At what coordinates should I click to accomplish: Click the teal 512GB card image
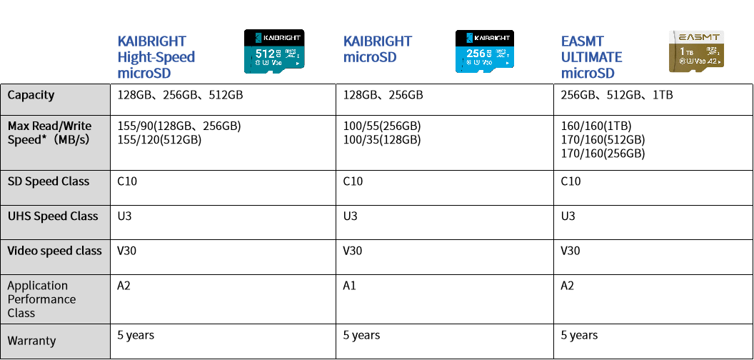click(x=275, y=51)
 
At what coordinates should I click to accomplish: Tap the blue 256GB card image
click(x=485, y=51)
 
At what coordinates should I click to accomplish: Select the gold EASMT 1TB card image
click(x=696, y=51)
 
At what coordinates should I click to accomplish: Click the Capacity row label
click(x=31, y=95)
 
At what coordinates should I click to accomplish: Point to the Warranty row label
click(x=31, y=341)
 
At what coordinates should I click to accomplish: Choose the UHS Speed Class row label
click(x=53, y=216)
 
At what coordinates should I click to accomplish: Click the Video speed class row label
click(x=54, y=251)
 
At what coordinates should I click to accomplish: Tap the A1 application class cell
click(x=350, y=286)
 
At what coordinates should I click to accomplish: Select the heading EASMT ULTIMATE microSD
click(x=591, y=57)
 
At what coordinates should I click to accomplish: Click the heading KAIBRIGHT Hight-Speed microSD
click(x=156, y=57)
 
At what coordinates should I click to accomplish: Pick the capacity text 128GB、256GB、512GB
click(x=181, y=95)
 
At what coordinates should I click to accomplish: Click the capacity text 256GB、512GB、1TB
click(x=617, y=95)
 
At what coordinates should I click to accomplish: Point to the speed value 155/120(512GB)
click(x=159, y=140)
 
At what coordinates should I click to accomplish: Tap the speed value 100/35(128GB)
click(x=382, y=140)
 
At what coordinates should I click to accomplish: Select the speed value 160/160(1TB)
click(x=596, y=126)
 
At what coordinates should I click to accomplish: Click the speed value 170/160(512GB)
click(x=603, y=140)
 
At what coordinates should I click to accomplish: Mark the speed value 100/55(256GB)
click(x=382, y=126)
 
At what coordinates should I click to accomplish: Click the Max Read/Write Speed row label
click(x=49, y=133)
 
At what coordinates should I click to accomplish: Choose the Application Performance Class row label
click(x=41, y=299)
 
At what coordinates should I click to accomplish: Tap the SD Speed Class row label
click(x=48, y=181)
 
